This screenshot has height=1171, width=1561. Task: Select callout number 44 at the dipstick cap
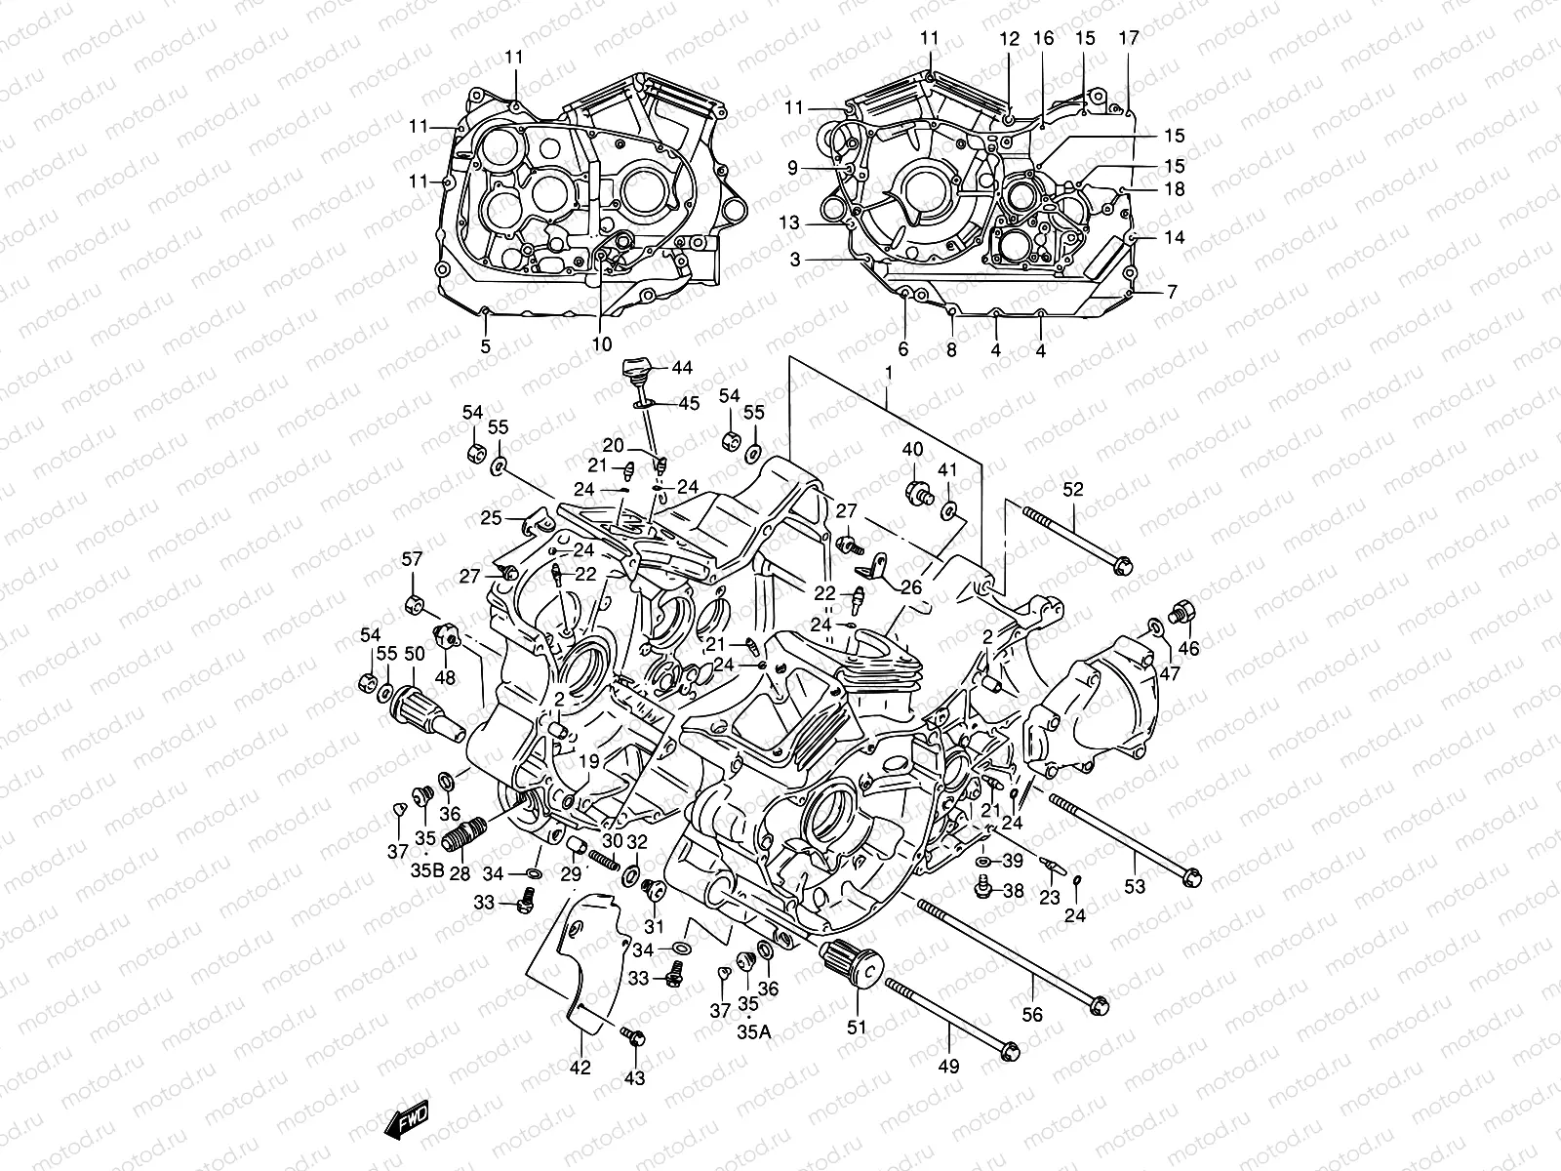(681, 368)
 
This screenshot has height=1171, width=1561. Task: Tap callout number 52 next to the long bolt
(1072, 490)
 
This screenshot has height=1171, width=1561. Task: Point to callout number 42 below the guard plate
(580, 1068)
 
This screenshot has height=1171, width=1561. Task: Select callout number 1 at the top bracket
(888, 373)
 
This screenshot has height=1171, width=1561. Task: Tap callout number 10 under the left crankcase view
(601, 343)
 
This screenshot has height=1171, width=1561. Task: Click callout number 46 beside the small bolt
(1189, 648)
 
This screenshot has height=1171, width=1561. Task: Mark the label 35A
(754, 1031)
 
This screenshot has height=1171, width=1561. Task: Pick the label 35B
(426, 868)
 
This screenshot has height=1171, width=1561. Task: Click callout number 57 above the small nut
(413, 559)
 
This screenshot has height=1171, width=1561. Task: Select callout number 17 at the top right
(1129, 39)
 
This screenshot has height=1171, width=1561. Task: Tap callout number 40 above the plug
(912, 450)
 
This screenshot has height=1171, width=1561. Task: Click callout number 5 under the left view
(485, 345)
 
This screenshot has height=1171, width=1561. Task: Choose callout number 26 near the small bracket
(910, 587)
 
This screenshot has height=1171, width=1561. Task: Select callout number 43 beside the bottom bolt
(634, 1077)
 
